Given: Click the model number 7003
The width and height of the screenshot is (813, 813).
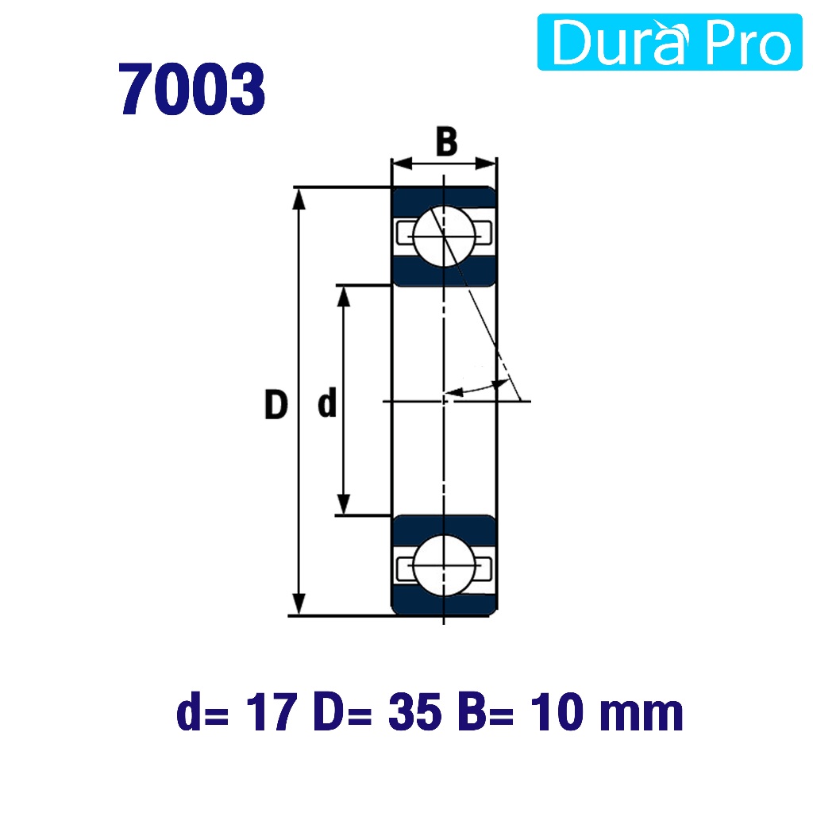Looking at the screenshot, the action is tap(192, 89).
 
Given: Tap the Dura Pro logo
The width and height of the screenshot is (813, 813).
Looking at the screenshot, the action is tap(669, 42).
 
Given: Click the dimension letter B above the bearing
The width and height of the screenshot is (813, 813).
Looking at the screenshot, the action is tap(446, 141).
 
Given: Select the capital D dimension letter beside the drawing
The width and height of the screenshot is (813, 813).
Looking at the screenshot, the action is tap(275, 404).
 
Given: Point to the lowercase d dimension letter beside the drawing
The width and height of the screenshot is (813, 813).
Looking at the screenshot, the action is tap(327, 402).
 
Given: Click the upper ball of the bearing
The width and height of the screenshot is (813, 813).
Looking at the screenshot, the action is tap(445, 237).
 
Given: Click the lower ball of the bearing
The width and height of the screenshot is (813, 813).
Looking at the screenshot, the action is tap(445, 565).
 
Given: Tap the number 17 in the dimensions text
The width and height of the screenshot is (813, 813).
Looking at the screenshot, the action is tap(272, 712).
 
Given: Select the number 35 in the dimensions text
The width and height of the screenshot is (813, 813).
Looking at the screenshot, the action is tap(414, 712).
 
